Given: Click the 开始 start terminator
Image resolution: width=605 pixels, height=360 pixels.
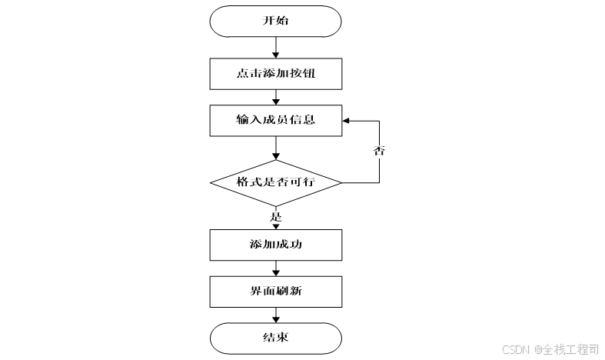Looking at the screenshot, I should coord(275,21).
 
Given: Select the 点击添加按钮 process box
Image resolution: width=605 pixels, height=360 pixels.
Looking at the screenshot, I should coord(275,75).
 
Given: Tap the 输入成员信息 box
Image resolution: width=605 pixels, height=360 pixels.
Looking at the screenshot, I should coord(275,121).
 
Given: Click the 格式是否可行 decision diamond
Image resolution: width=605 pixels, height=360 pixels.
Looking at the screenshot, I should coord(275,183).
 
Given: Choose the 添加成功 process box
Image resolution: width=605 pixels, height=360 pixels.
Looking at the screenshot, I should coord(275,245).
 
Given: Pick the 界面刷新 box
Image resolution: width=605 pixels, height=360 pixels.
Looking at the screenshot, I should coord(275,292).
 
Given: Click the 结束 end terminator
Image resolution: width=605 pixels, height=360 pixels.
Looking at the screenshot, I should coord(275,337).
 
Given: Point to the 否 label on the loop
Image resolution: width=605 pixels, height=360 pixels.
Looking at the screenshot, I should coord(379,151).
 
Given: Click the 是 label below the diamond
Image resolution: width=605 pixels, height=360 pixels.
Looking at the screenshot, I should coord(276,217).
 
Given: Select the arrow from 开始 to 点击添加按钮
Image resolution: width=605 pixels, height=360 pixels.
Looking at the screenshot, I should coord(275,48).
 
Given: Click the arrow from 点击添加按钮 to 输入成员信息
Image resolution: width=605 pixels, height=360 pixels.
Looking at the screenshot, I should coord(275,98).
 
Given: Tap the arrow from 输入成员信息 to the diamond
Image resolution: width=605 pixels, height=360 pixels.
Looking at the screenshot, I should coord(275,148).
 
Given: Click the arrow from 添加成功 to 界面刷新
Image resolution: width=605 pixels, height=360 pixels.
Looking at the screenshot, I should coord(275,268).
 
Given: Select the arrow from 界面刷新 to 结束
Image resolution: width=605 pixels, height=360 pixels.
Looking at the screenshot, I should coord(275,315).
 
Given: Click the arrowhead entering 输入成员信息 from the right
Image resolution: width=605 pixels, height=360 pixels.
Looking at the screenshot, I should coord(347,121).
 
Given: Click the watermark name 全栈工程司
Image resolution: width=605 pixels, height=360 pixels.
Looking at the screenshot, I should coord(571,349).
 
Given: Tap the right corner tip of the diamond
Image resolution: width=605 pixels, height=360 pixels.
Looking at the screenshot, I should coord(341,183).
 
